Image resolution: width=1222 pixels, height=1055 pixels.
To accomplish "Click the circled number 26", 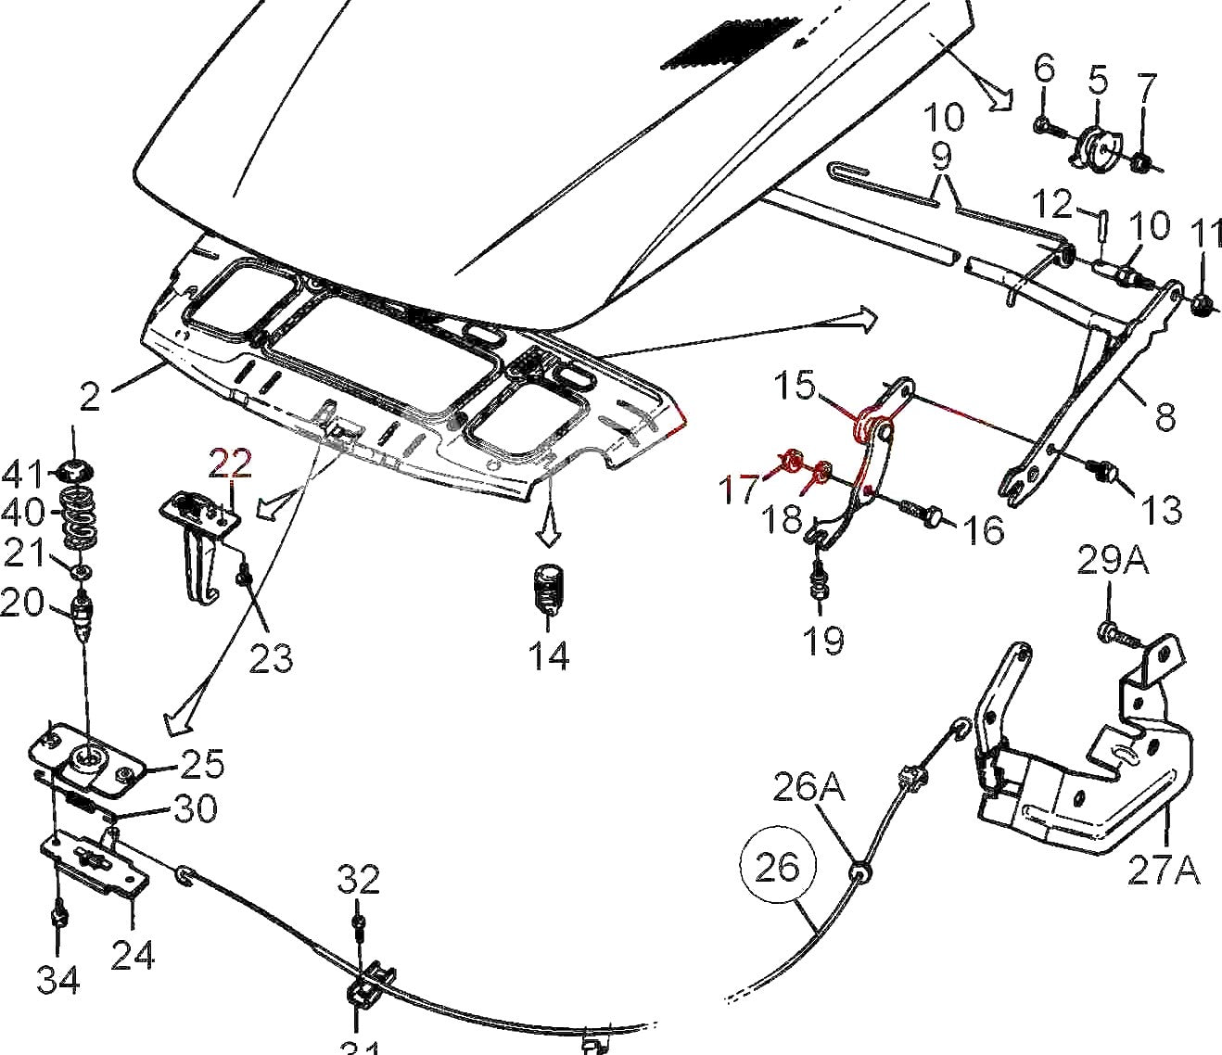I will pos(777,868).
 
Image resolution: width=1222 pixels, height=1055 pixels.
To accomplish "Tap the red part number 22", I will pos(230,462).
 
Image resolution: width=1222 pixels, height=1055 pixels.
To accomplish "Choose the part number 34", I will pos(57,978).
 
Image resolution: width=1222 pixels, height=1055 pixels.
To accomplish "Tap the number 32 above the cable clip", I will pos(358,879).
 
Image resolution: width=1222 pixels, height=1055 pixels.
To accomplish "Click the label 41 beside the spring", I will pos(23,475).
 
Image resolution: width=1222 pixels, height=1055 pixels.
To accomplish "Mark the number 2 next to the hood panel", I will pos(89,397).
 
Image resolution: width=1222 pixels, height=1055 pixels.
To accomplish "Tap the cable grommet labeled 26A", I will pos(860,873).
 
